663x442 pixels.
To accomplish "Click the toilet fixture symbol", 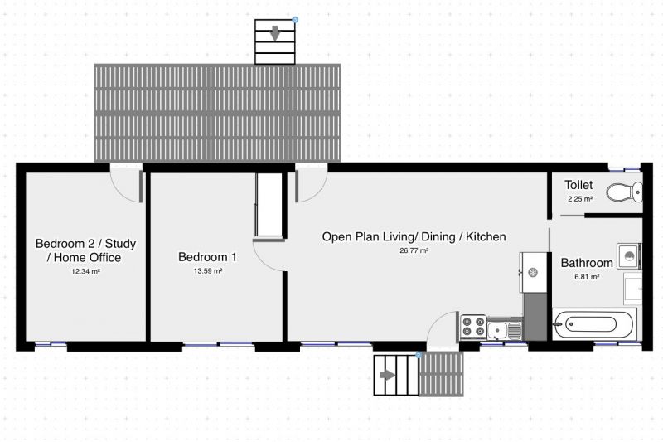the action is click(x=625, y=192).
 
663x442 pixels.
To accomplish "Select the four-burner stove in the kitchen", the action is click(x=473, y=327).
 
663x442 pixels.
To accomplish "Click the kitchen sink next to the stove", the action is click(x=505, y=329).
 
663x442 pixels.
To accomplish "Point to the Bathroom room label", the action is click(x=587, y=263).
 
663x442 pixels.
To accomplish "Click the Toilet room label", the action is click(x=578, y=185).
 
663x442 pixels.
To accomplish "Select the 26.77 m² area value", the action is click(x=414, y=250).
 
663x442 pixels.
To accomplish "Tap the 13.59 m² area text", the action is click(x=208, y=270).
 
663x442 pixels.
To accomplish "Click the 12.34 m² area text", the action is click(x=85, y=271).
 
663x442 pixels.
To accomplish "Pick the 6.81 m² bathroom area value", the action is click(x=587, y=277).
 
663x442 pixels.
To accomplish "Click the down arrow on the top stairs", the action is click(x=275, y=33).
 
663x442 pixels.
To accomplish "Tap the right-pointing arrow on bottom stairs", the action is click(x=388, y=375).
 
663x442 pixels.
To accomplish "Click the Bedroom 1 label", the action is click(x=207, y=257).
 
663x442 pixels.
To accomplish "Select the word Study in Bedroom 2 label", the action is click(x=120, y=244).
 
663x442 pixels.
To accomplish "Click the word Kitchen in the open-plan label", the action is click(x=486, y=236).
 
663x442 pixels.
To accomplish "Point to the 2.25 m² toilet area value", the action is click(x=579, y=199).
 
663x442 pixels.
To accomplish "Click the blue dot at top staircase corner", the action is click(x=295, y=19).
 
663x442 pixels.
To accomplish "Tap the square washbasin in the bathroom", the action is click(x=629, y=256).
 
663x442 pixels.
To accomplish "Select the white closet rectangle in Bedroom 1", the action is click(x=269, y=205).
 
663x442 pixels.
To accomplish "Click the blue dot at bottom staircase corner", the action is click(x=419, y=355).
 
